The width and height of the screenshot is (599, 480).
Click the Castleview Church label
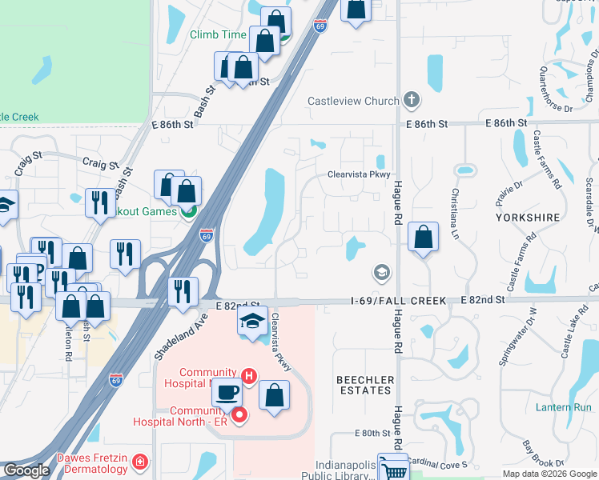(353, 101)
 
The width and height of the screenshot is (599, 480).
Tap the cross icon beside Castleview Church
(412, 100)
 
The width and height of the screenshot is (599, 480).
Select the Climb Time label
(218, 34)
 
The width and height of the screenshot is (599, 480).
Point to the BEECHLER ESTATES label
(364, 385)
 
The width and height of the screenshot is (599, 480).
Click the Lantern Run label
(562, 407)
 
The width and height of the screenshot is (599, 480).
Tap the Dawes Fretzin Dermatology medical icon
(140, 462)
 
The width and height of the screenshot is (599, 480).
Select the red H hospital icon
(249, 375)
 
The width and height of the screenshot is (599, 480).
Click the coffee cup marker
(227, 393)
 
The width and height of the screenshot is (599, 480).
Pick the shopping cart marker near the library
(392, 469)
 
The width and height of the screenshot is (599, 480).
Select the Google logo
(26, 470)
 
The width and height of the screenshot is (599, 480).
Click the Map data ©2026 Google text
(549, 474)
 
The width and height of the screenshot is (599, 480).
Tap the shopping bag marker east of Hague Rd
(423, 237)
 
